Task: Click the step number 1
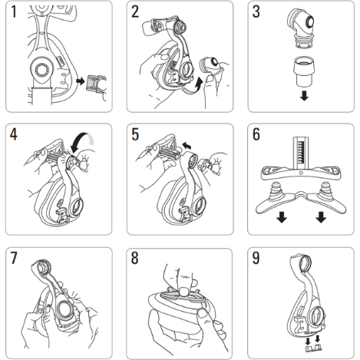14,12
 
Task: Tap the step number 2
135,12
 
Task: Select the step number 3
256,12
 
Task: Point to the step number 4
14,134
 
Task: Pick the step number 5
135,134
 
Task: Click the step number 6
256,134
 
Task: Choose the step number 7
14,258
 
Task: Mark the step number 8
135,258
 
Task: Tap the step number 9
256,258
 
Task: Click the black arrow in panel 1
81,81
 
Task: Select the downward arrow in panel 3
304,96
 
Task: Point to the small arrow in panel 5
187,146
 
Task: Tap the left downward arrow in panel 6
282,217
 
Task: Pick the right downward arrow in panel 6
321,217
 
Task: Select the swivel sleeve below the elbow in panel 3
304,73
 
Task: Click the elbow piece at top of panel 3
301,28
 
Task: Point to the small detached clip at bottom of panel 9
313,348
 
